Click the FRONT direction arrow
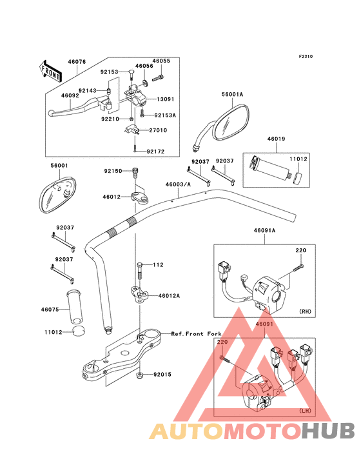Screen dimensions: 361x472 [x=50, y=71]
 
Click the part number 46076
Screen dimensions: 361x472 [x=77, y=62]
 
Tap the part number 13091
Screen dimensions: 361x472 [x=166, y=99]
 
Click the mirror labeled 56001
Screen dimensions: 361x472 [x=57, y=195]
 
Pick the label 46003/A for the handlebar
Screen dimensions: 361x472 [x=178, y=184]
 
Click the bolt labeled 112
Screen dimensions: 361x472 [x=140, y=271]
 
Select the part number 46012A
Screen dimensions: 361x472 [x=169, y=296]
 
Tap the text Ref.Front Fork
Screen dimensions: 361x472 [x=197, y=334]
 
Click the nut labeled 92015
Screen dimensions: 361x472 [x=139, y=375]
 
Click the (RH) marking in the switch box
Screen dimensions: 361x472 [x=305, y=311]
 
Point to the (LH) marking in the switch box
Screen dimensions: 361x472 [x=305, y=411]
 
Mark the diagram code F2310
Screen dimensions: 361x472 [x=306, y=56]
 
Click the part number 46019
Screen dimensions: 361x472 [x=276, y=139]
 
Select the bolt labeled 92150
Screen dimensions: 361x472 [x=135, y=173]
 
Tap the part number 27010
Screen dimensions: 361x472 [x=158, y=130]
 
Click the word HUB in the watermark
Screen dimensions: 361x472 [x=328, y=431]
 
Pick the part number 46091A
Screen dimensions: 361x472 [x=264, y=231]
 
